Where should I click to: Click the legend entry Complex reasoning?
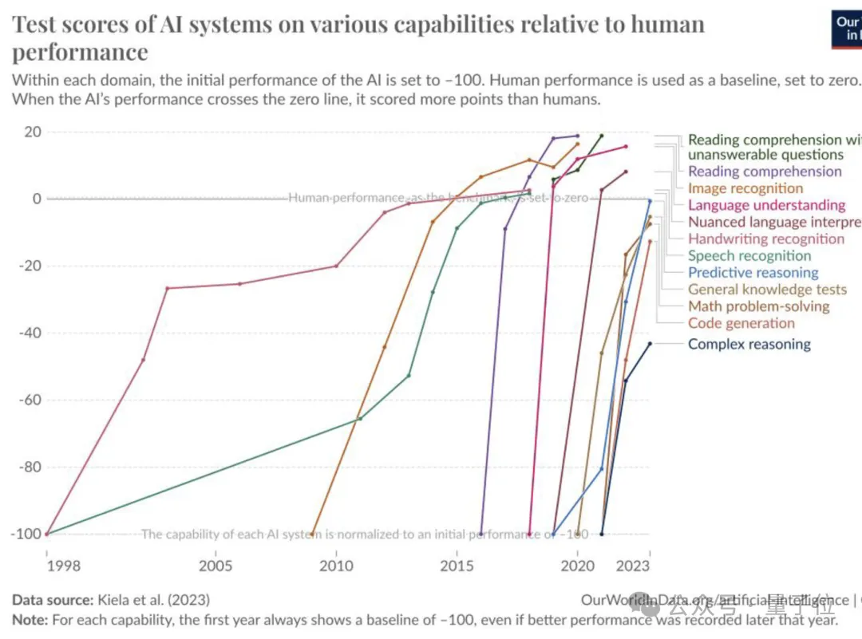(x=749, y=345)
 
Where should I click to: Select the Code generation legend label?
(x=741, y=323)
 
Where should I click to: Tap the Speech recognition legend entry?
(x=749, y=256)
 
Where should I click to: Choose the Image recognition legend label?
(x=745, y=188)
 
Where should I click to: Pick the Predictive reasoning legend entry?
(x=753, y=273)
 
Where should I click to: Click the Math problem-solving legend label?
(x=758, y=306)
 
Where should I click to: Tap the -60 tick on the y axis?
(x=29, y=400)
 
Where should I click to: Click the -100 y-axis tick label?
(x=26, y=534)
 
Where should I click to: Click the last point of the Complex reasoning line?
(x=650, y=344)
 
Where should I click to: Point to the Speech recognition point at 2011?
(x=360, y=419)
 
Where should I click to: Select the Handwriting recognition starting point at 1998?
(x=47, y=534)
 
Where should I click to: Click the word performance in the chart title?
(x=80, y=52)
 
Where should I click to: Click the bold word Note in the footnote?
(x=29, y=619)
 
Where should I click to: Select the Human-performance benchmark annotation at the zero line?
(x=437, y=198)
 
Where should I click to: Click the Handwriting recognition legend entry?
(x=765, y=239)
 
